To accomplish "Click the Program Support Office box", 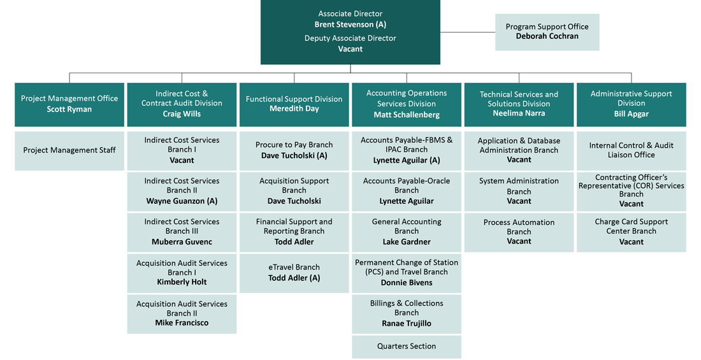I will [547, 32].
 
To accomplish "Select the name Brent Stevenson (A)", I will [350, 24].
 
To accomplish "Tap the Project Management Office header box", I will [69, 104].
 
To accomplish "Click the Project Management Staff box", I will [69, 150].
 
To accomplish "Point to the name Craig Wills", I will [182, 114].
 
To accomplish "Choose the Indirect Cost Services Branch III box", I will [182, 232].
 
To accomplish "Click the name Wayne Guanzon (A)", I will [182, 201].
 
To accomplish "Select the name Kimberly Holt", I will [182, 282].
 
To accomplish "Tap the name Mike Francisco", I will [182, 323].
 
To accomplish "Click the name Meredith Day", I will [294, 109].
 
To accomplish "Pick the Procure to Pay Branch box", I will [294, 150].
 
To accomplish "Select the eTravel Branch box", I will [294, 273].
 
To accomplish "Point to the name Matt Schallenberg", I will [406, 115].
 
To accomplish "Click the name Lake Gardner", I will [406, 242].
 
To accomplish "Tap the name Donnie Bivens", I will [406, 283].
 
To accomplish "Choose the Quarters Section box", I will [406, 347].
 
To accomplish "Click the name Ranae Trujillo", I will [406, 324].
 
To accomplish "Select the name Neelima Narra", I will [519, 114].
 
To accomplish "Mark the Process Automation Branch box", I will [519, 232].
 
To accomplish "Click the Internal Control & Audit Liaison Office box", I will [631, 150].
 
